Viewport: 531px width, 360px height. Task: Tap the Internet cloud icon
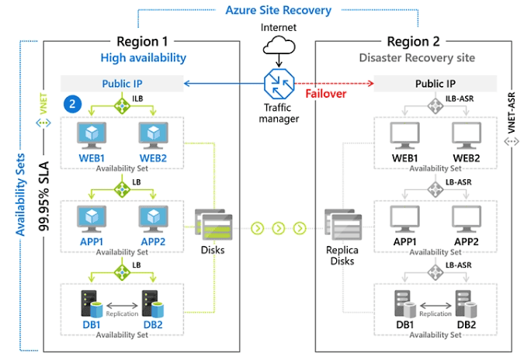click(x=278, y=48)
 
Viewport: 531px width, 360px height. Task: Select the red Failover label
click(x=325, y=93)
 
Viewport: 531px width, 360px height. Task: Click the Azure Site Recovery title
click(x=279, y=11)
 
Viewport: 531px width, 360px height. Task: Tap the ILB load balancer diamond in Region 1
click(x=122, y=105)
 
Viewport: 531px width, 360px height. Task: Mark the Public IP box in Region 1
click(x=122, y=83)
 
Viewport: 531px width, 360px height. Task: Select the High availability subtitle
click(x=144, y=57)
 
